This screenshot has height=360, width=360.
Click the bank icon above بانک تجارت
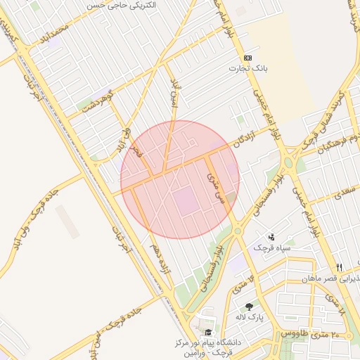(247, 58)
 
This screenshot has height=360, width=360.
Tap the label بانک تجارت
(247, 69)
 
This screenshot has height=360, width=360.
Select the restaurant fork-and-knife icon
(339, 267)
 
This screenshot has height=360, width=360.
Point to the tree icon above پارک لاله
(249, 306)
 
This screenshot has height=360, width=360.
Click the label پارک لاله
(250, 317)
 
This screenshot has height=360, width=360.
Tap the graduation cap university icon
(207, 332)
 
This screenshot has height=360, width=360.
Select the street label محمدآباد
(56, 30)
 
